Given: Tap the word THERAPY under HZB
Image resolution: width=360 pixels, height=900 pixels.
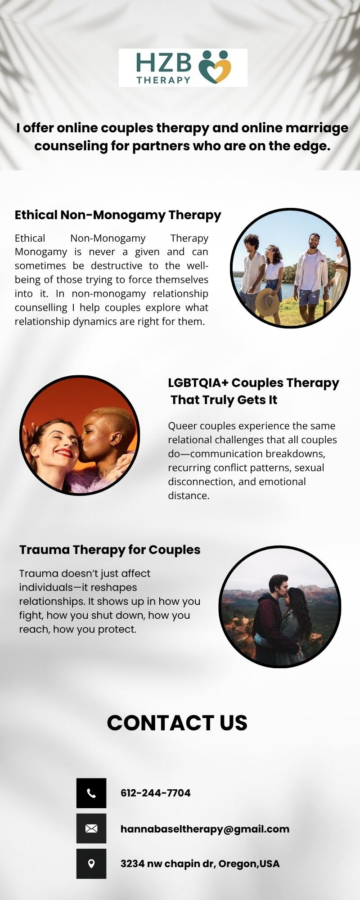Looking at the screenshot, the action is pyautogui.click(x=163, y=80).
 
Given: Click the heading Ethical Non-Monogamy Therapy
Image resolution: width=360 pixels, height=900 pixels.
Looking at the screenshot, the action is pyautogui.click(x=118, y=215).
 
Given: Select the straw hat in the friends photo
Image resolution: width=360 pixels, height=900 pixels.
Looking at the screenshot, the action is pyautogui.click(x=267, y=302).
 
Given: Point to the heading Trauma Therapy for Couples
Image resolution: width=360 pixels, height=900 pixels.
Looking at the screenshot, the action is pyautogui.click(x=110, y=550).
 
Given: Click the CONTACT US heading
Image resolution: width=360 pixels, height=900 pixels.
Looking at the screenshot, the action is pyautogui.click(x=177, y=723).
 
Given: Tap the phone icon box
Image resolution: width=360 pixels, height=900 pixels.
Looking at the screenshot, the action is pyautogui.click(x=91, y=793).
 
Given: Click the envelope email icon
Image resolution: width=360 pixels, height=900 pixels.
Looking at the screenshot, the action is pyautogui.click(x=91, y=828).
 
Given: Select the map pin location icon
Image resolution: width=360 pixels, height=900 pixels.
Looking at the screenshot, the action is pyautogui.click(x=91, y=864).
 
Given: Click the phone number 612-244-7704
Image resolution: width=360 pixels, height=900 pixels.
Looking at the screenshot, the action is pyautogui.click(x=156, y=793).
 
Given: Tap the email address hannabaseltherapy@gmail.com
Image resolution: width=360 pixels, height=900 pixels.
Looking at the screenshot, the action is pyautogui.click(x=205, y=829).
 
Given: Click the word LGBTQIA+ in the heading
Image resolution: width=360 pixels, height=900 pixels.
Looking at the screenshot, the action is pyautogui.click(x=198, y=383).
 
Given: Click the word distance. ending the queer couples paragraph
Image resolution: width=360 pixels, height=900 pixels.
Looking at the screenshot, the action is pyautogui.click(x=189, y=495).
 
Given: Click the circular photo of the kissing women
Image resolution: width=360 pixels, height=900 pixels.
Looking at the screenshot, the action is pyautogui.click(x=80, y=435).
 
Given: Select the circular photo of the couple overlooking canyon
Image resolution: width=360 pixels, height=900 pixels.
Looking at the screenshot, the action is pyautogui.click(x=280, y=607).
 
